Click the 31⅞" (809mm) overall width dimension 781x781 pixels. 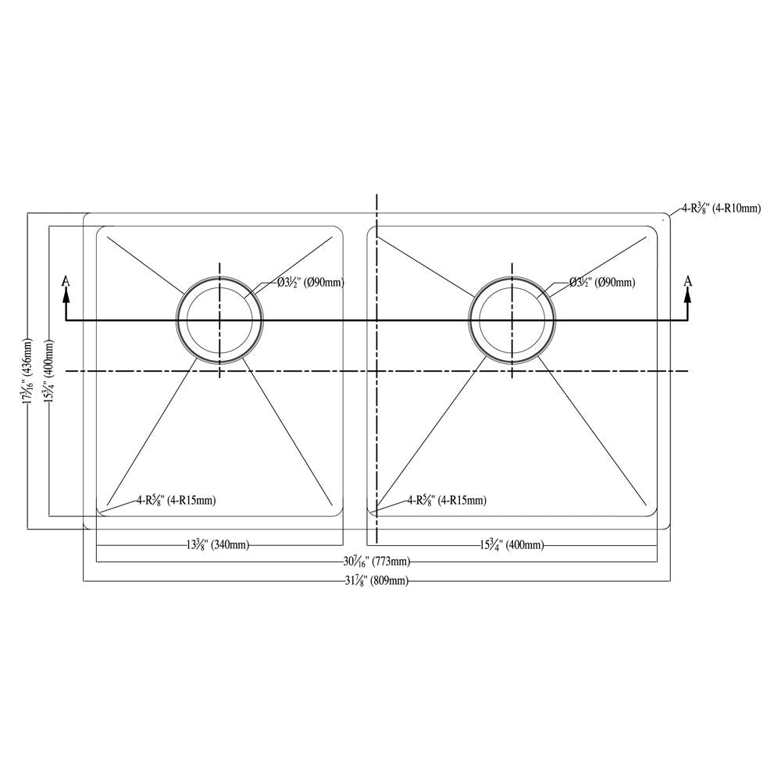coord(376,580)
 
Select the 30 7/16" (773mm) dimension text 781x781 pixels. coord(376,562)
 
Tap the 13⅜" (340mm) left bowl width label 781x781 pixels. coord(218,545)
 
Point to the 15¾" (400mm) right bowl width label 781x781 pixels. coord(512,545)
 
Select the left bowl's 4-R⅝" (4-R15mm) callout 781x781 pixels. coord(175,500)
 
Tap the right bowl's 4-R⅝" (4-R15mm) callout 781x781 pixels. coord(446,500)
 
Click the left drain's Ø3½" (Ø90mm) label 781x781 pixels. coord(311,283)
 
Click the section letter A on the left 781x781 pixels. coord(66,280)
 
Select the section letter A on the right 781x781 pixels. coord(687,280)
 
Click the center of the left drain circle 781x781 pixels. coord(220,320)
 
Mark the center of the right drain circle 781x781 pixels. coord(512,320)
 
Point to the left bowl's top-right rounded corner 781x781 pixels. coord(340,230)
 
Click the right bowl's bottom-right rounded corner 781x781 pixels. coord(652,512)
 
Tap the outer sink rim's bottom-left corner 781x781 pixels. coord(86,527)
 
